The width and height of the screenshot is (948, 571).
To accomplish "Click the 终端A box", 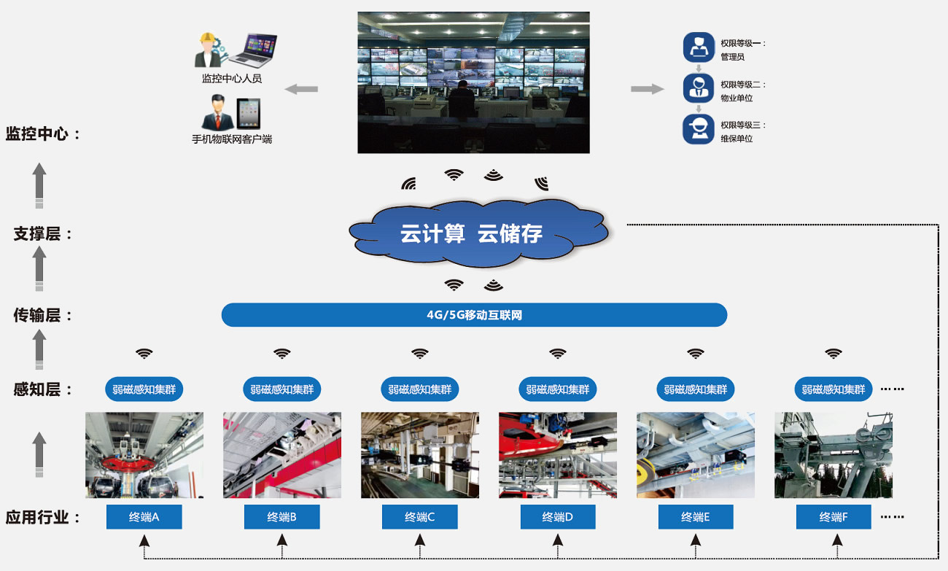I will pyautogui.click(x=144, y=517).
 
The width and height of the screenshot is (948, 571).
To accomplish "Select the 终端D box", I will pyautogui.click(x=558, y=517).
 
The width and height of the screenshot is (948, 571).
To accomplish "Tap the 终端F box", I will pyautogui.click(x=834, y=517).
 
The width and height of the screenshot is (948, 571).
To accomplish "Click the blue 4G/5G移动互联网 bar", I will pyautogui.click(x=474, y=315).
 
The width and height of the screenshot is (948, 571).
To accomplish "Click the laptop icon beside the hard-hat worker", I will pyautogui.click(x=252, y=51).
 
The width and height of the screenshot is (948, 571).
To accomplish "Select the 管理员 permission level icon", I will pyautogui.click(x=699, y=47).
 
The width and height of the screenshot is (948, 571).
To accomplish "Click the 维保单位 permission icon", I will pyautogui.click(x=699, y=128).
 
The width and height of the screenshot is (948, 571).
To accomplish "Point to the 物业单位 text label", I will pyautogui.click(x=737, y=98).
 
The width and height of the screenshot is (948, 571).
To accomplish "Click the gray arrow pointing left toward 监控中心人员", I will pyautogui.click(x=301, y=89).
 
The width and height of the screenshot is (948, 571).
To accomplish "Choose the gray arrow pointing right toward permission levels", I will pyautogui.click(x=647, y=89).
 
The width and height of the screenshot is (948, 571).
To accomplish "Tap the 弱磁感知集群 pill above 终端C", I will pyautogui.click(x=419, y=389).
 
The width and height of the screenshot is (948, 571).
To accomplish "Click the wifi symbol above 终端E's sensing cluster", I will pyautogui.click(x=696, y=354).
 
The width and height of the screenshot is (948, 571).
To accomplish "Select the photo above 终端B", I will pyautogui.click(x=281, y=455).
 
